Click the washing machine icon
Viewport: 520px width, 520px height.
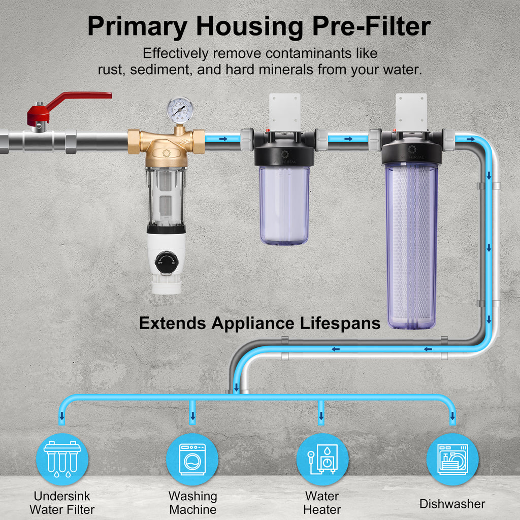pyautogui.click(x=192, y=460)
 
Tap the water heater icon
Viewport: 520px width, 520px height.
pyautogui.click(x=322, y=460)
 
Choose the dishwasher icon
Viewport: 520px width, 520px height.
pyautogui.click(x=452, y=460)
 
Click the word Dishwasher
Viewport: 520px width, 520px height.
pyautogui.click(x=452, y=504)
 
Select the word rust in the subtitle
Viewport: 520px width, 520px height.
pyautogui.click(x=111, y=70)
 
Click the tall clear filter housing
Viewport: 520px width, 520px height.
pyautogui.click(x=411, y=244)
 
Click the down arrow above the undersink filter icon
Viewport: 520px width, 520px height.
pyautogui.click(x=62, y=417)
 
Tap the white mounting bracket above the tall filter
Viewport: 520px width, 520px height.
pyautogui.click(x=412, y=111)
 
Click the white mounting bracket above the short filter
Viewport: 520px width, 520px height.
pyautogui.click(x=284, y=111)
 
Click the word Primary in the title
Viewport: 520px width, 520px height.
pyautogui.click(x=137, y=26)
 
